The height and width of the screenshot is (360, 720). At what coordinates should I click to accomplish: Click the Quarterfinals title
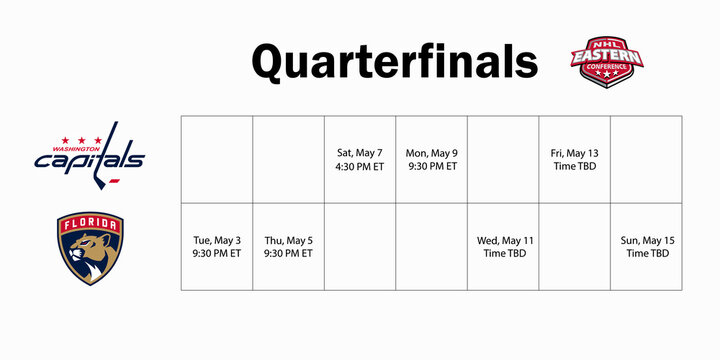click(394, 61)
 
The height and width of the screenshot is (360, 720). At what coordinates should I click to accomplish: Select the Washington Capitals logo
click(90, 153)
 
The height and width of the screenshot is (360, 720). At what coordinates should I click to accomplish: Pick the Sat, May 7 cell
click(360, 160)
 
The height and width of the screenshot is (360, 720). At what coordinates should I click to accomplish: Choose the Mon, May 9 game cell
click(431, 160)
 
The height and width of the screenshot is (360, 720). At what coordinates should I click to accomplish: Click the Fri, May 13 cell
click(574, 160)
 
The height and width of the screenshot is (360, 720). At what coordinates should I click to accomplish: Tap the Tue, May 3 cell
click(216, 247)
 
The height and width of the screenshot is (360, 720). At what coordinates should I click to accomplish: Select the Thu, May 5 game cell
click(288, 247)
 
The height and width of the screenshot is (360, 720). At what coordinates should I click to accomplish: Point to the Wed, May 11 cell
click(503, 247)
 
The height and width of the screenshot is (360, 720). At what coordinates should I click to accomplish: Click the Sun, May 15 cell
click(646, 247)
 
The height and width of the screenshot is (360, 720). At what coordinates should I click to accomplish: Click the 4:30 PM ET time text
click(360, 167)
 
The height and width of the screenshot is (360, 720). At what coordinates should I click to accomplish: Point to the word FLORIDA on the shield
click(90, 226)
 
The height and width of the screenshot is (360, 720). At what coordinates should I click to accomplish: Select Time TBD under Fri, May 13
click(574, 167)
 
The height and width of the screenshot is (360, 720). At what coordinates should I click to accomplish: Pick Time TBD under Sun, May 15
click(646, 254)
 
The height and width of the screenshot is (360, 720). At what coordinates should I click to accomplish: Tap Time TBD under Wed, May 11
click(503, 254)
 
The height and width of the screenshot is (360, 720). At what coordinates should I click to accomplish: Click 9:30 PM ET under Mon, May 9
click(431, 167)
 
